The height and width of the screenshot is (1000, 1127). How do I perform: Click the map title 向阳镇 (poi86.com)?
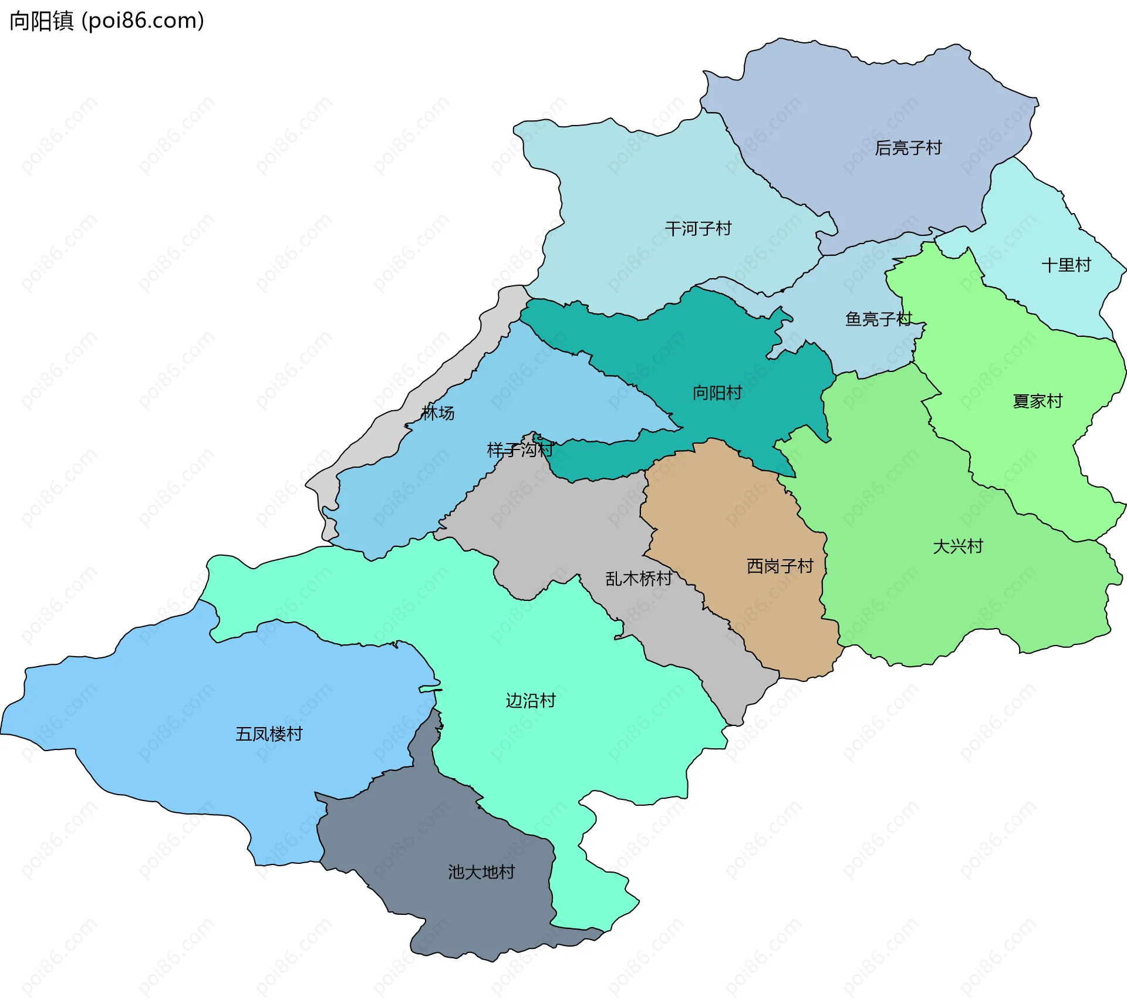coord(107,21)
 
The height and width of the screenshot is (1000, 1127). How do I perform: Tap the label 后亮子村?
coord(908,148)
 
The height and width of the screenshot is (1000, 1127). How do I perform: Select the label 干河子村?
coord(698,228)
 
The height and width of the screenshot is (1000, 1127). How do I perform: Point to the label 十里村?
coord(1066,265)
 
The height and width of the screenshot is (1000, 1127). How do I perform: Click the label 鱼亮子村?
coord(878,319)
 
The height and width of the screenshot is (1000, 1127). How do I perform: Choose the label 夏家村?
coord(1037,401)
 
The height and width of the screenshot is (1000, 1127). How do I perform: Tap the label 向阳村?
coord(717,393)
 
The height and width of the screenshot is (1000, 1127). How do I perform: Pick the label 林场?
coord(438,413)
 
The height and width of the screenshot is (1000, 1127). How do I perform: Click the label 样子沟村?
coord(519,450)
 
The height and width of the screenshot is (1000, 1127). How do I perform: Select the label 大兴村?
coord(958,546)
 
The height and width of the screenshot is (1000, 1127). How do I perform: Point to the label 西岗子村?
coord(780,566)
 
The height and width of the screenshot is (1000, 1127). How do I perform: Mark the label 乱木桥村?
coord(639,579)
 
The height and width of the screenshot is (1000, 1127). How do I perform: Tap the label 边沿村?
coord(531,701)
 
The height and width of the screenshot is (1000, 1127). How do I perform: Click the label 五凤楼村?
coord(269,734)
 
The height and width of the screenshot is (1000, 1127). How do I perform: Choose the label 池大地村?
coord(481,872)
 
